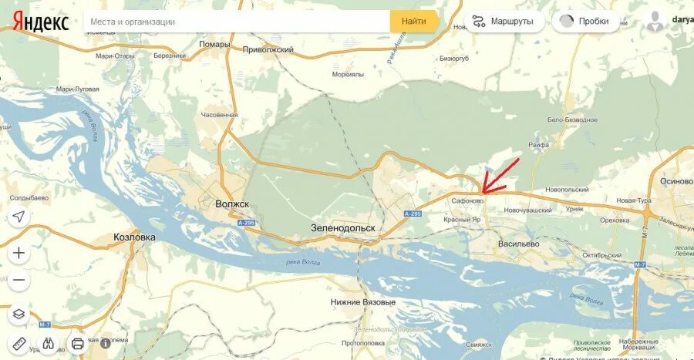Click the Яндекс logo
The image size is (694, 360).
pyautogui.click(x=41, y=22)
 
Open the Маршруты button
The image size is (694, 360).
pyautogui.click(x=503, y=22)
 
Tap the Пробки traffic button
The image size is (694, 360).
pyautogui.click(x=585, y=22)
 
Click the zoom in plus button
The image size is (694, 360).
pyautogui.click(x=19, y=252)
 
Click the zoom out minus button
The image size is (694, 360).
pyautogui.click(x=19, y=280)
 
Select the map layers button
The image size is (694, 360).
pyautogui.click(x=19, y=314)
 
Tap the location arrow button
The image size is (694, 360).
pyautogui.click(x=19, y=217)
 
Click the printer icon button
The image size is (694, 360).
pyautogui.click(x=77, y=344)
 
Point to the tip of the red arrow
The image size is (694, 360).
pyautogui.click(x=483, y=191)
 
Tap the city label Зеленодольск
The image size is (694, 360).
pyautogui.click(x=342, y=228)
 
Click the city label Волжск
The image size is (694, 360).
pyautogui.click(x=232, y=204)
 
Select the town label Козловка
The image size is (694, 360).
pyautogui.click(x=134, y=237)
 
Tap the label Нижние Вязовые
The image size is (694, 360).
pyautogui.click(x=362, y=301)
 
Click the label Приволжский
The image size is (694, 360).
pyautogui.click(x=268, y=49)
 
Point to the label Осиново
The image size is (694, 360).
pyautogui.click(x=676, y=181)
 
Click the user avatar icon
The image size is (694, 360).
pyautogui.click(x=655, y=22)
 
